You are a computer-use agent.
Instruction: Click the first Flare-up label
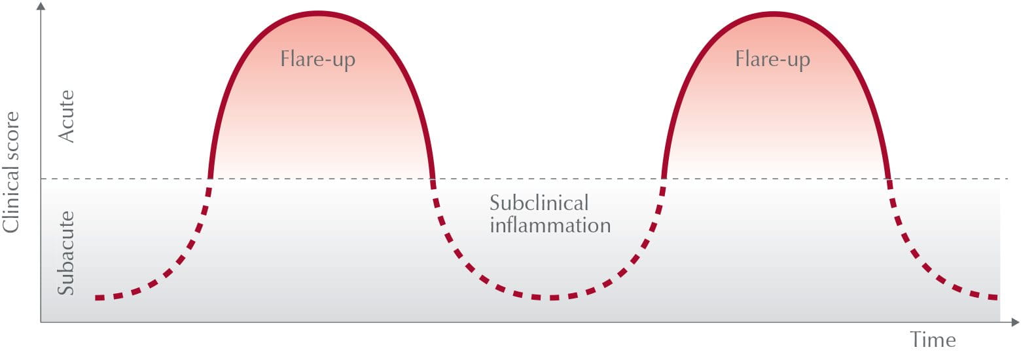click(x=317, y=60)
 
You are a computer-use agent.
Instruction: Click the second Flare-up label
click(x=772, y=60)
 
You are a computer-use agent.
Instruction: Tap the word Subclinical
click(x=539, y=203)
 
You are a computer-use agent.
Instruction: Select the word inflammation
click(x=550, y=225)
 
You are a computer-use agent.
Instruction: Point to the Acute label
click(x=66, y=117)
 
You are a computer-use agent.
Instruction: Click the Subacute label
click(x=66, y=253)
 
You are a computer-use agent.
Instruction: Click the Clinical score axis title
click(x=11, y=171)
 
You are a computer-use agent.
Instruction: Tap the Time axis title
click(x=933, y=340)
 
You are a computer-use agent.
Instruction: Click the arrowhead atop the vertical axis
click(x=41, y=5)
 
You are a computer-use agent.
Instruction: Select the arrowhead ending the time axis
click(x=1015, y=322)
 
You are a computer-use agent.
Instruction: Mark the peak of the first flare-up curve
click(x=318, y=14)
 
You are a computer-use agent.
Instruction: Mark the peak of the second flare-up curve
click(x=774, y=14)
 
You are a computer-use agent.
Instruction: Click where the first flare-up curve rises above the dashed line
click(x=210, y=179)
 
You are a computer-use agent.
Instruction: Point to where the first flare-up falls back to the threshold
click(x=433, y=179)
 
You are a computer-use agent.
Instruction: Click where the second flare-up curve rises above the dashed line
click(x=664, y=179)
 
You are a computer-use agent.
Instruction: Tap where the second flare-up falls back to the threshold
click(x=888, y=179)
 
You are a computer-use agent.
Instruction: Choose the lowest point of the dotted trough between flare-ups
click(x=552, y=298)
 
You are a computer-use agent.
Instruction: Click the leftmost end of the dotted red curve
click(x=96, y=298)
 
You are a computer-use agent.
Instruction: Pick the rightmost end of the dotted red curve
click(x=996, y=298)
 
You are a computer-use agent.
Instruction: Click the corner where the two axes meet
click(x=41, y=322)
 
